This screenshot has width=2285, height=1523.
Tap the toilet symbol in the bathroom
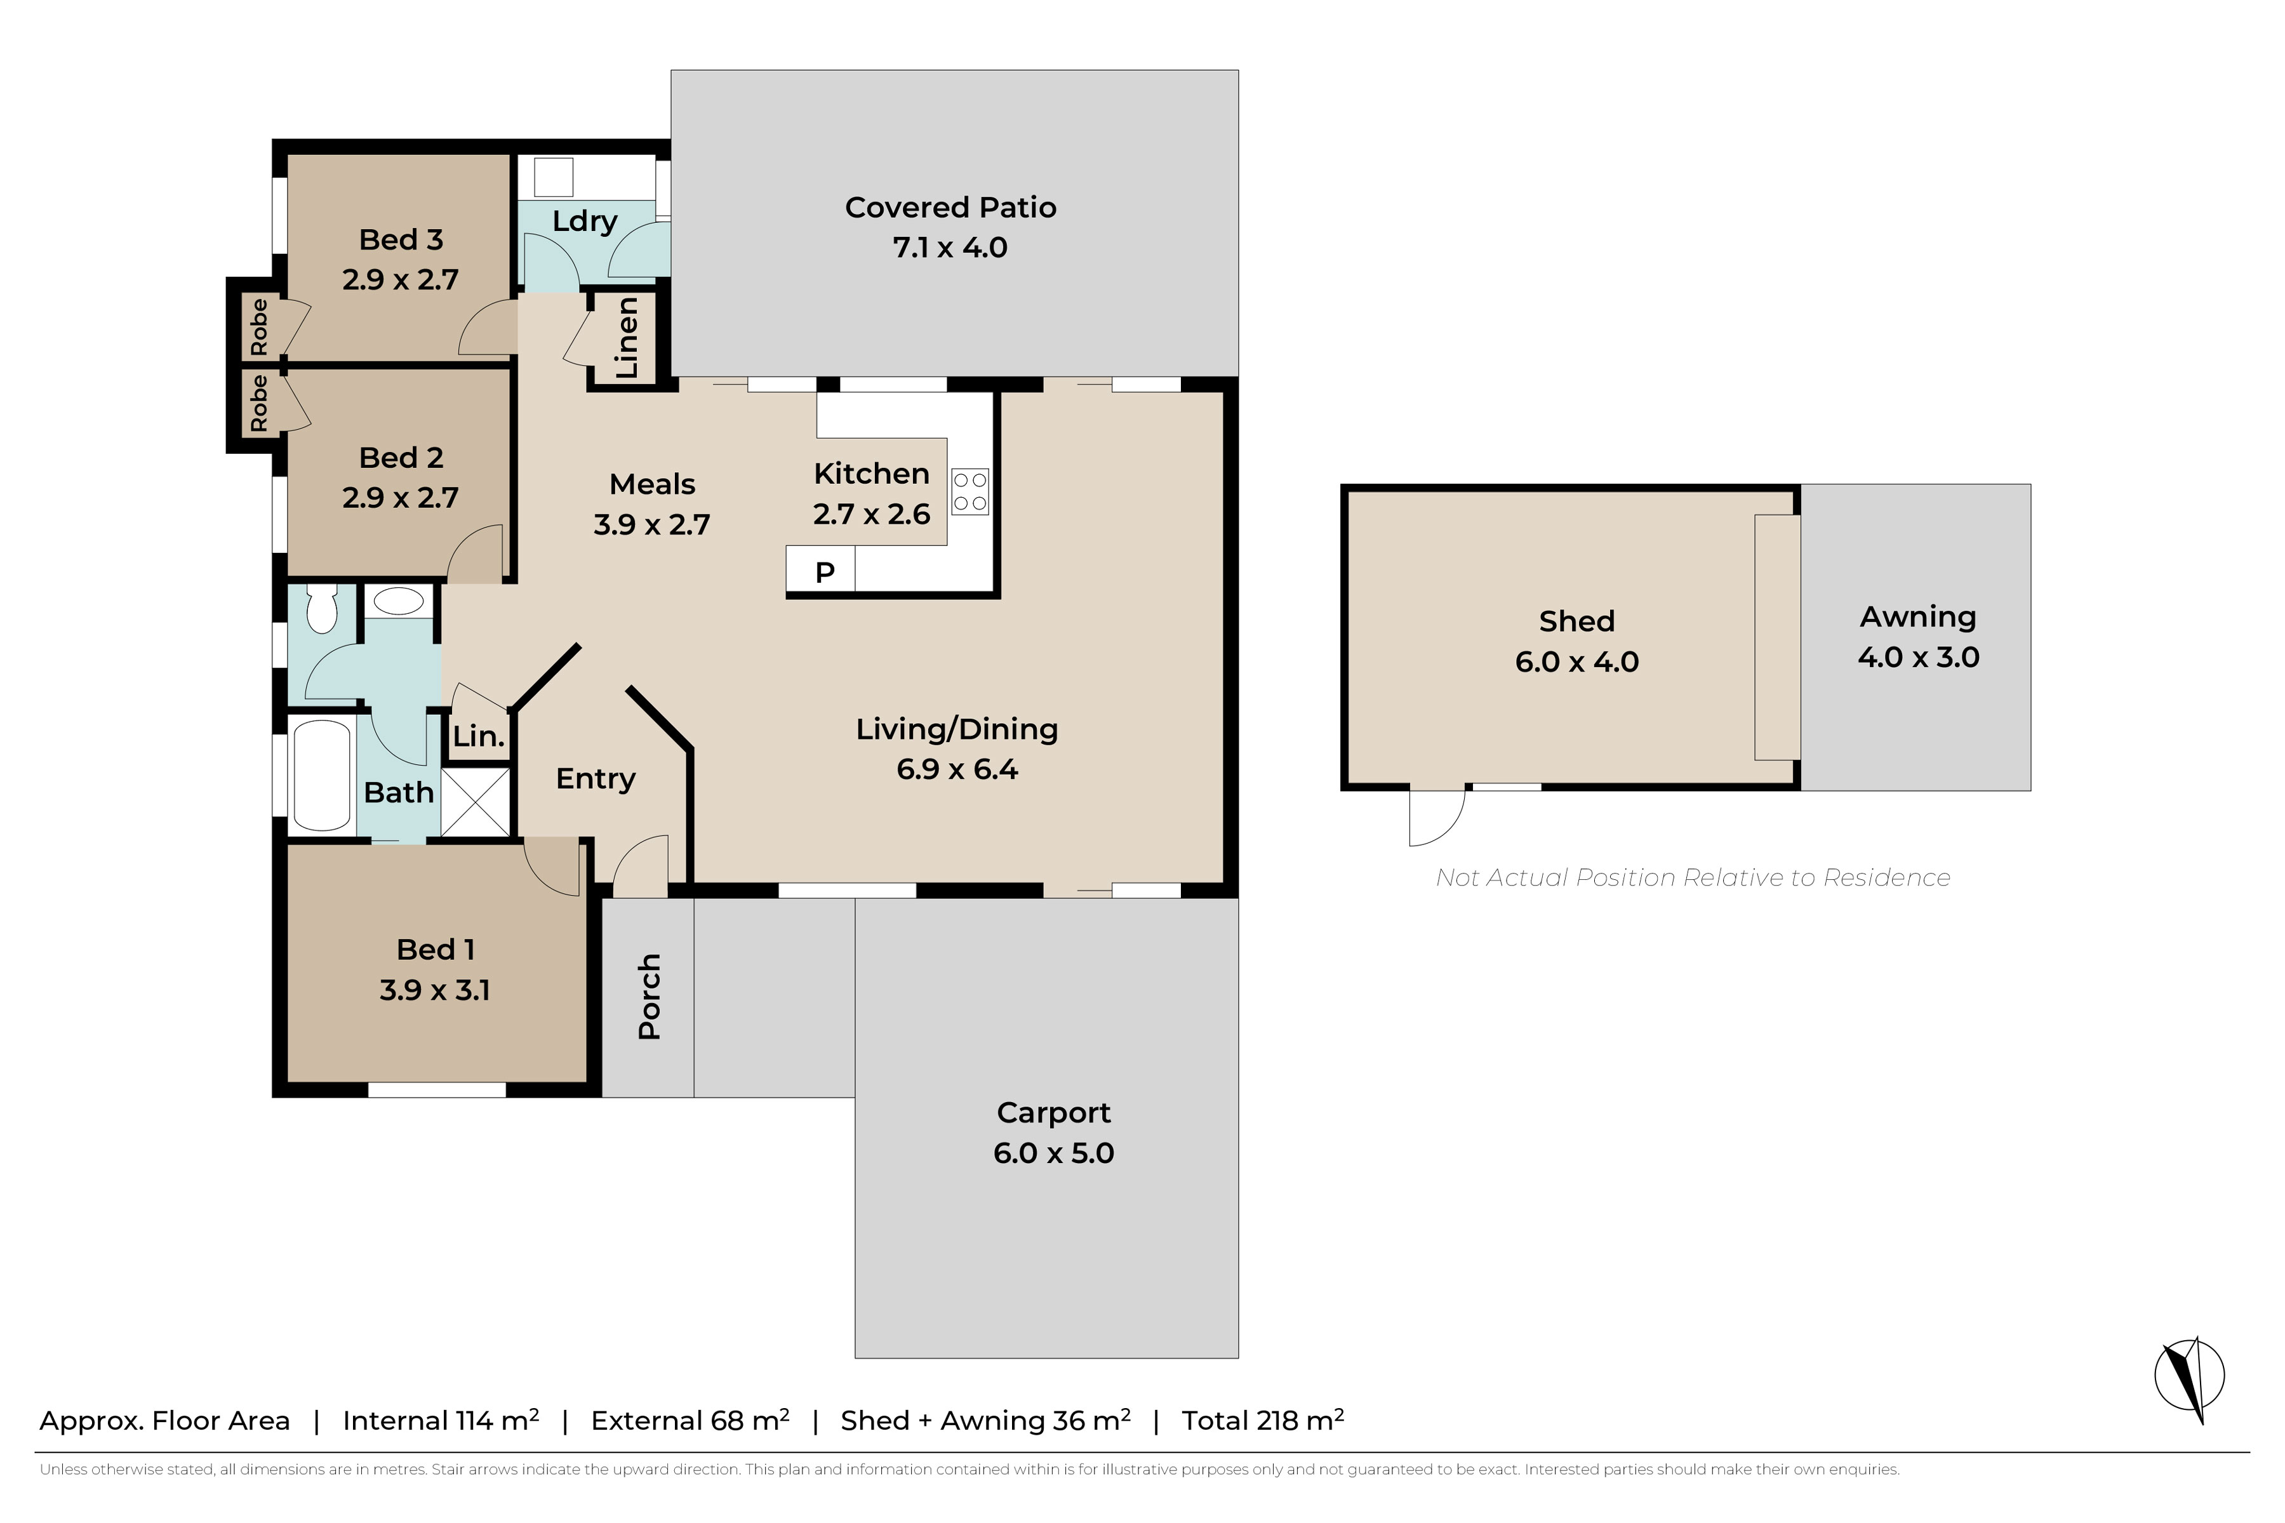coord(321,607)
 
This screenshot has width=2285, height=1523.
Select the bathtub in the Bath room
coord(321,775)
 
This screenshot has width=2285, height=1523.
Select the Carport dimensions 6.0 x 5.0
coord(1054,1153)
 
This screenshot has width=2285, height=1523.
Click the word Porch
coord(649,997)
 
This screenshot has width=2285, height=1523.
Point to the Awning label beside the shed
coord(1918,617)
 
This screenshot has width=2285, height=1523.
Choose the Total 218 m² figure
coord(1262,1420)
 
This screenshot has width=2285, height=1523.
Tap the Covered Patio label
coord(950,207)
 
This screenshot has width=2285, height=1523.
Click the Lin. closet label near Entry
coord(479,736)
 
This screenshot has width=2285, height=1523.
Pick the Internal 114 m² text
coord(441,1420)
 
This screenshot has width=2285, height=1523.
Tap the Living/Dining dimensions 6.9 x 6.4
coord(957,769)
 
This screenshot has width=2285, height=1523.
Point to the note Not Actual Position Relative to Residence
coord(1693,877)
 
